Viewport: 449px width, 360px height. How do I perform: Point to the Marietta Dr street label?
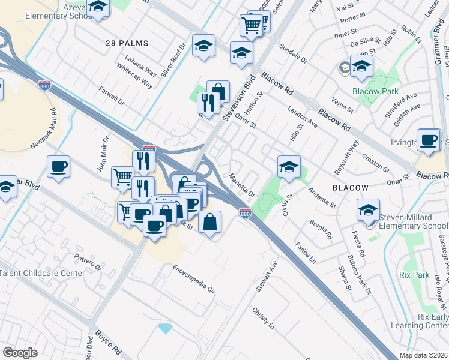[243, 186]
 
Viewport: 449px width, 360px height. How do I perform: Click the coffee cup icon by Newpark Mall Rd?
[58, 167]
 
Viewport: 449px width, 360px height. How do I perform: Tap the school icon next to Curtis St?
[289, 167]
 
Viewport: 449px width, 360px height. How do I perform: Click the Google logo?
[19, 353]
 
